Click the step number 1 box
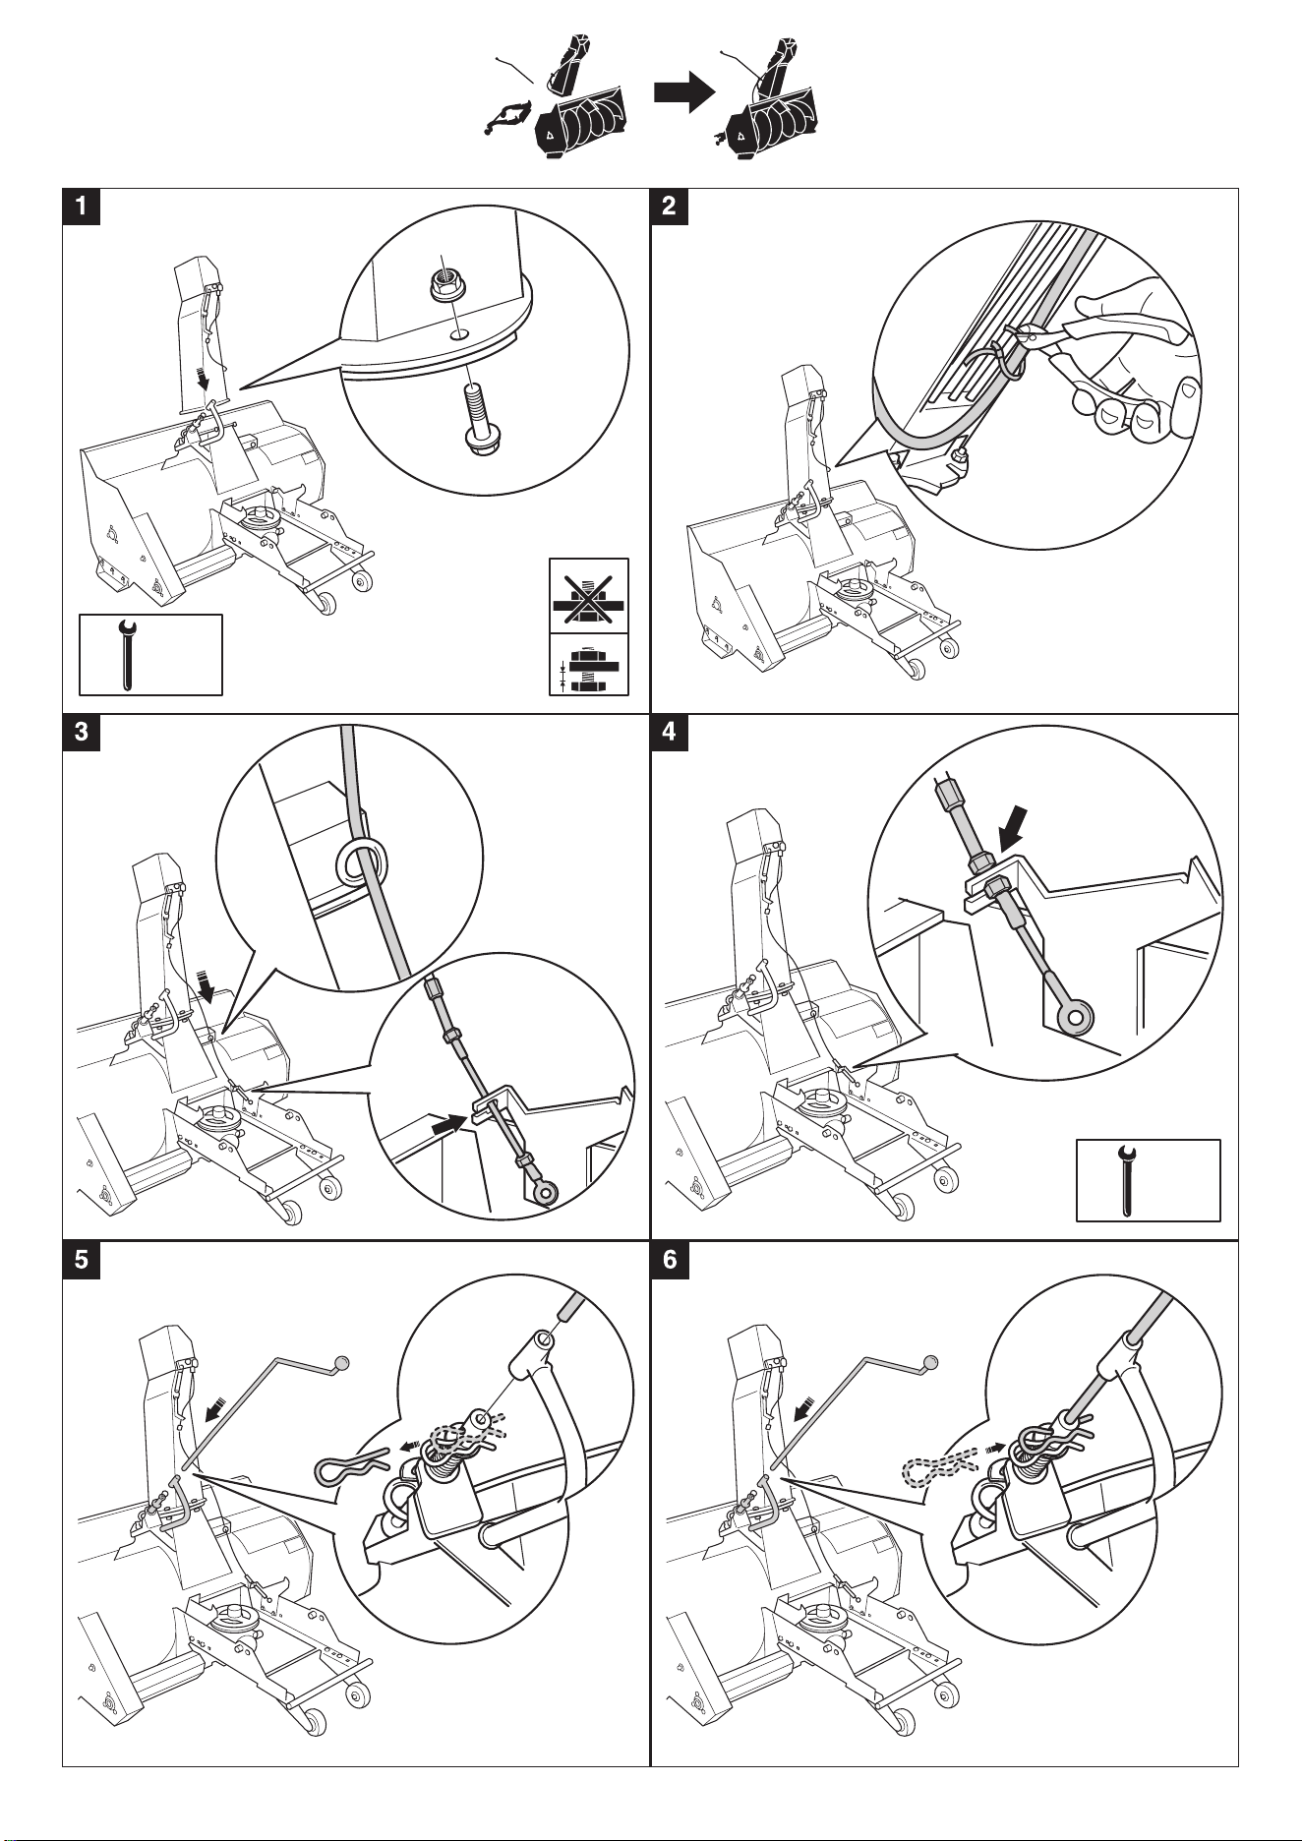tap(82, 207)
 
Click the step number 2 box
tap(670, 207)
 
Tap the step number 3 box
tap(82, 734)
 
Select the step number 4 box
tap(670, 734)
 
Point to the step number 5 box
tap(82, 1261)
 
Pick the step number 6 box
tap(670, 1261)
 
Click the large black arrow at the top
tap(685, 93)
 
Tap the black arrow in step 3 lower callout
tap(450, 1121)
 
